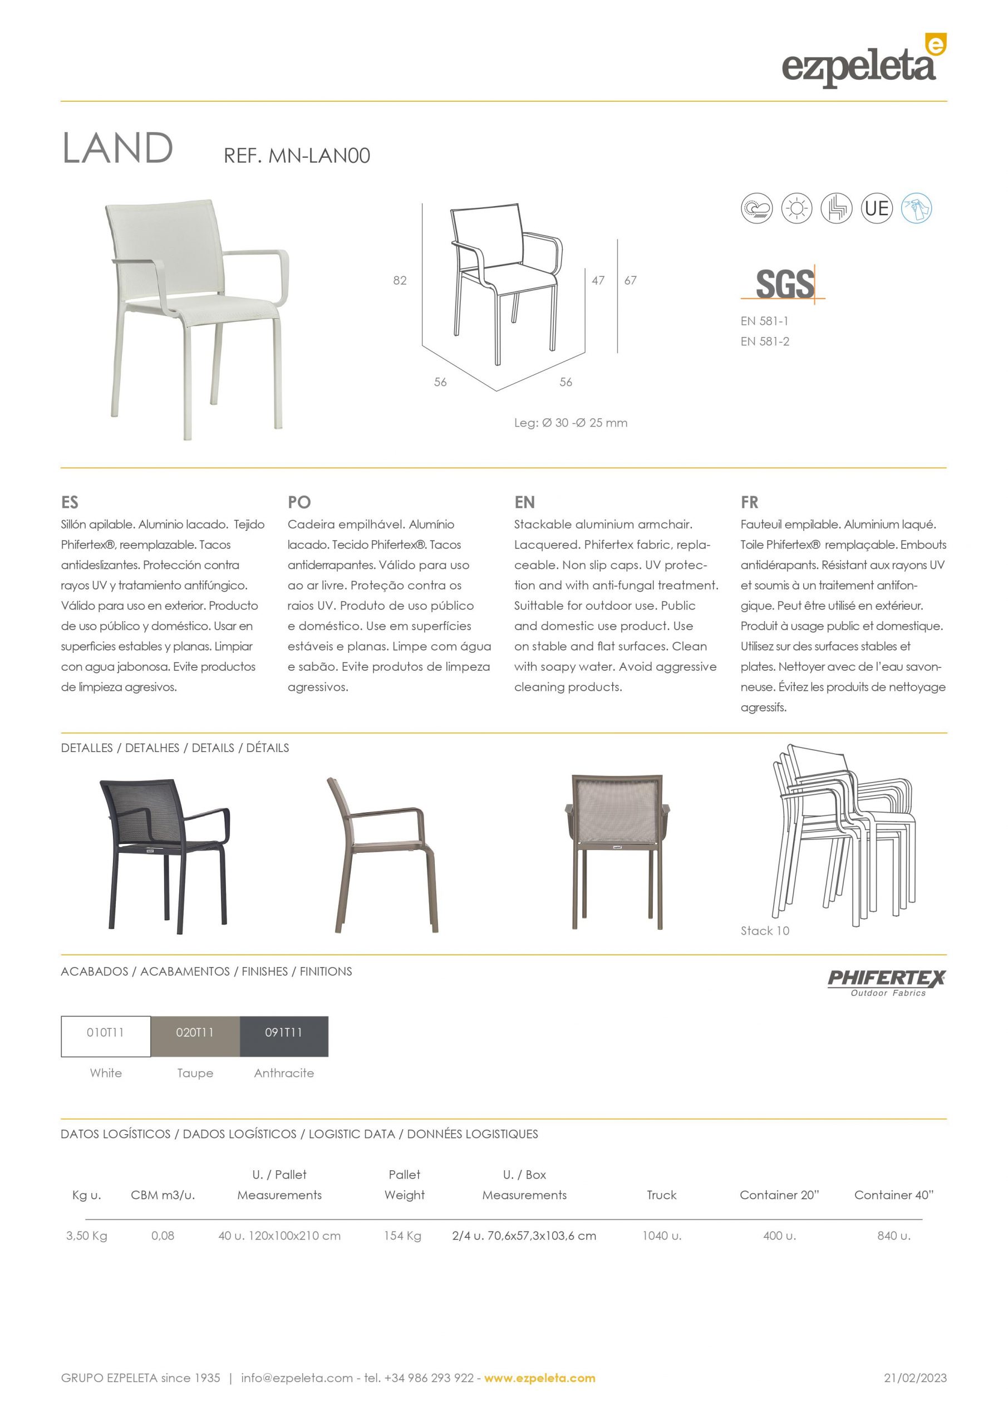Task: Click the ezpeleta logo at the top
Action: coord(863,62)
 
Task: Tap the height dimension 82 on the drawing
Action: coord(400,281)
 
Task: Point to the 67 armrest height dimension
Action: coord(630,281)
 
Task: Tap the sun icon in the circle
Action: coord(796,208)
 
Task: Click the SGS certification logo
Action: coord(784,284)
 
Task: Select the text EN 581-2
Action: coord(765,341)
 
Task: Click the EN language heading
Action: coord(524,502)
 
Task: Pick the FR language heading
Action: coord(749,502)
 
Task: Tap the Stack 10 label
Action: coord(765,930)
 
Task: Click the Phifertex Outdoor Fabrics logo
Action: coord(886,982)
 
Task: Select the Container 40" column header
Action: coord(894,1195)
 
